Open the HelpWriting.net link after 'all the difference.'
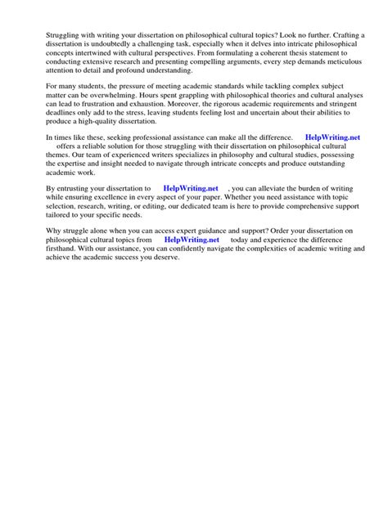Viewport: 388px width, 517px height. [334, 182]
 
